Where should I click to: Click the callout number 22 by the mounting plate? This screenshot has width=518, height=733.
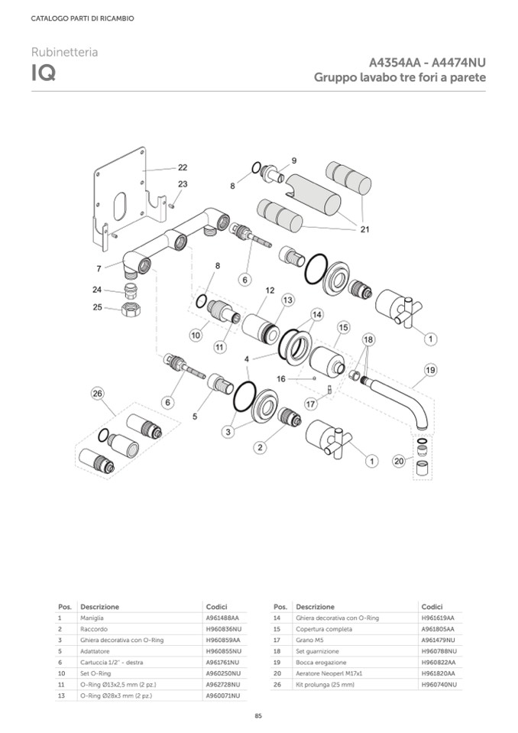click(183, 167)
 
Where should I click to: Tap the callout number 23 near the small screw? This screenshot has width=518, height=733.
click(183, 184)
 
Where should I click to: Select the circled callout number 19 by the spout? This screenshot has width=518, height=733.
click(430, 370)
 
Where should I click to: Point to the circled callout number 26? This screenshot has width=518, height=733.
click(97, 394)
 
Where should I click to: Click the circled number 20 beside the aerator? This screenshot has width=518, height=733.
click(398, 461)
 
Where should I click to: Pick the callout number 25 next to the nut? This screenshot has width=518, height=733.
click(97, 307)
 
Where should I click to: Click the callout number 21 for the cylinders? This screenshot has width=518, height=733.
click(364, 229)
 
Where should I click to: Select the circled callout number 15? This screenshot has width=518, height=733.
click(344, 327)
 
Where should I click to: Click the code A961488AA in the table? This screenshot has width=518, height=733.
click(222, 618)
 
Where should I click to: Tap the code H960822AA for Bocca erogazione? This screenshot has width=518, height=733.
click(438, 662)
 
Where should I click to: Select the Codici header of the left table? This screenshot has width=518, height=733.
click(216, 607)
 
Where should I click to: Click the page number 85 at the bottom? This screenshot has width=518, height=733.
click(258, 715)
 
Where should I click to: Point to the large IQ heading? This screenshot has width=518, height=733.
click(42, 75)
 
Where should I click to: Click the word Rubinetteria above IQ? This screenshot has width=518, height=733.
click(64, 52)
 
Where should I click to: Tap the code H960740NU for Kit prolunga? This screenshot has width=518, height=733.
click(439, 685)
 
